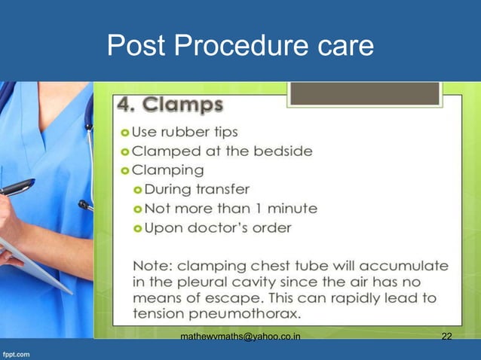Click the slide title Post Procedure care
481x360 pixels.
click(240, 46)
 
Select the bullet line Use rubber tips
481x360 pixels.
click(185, 132)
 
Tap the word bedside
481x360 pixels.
click(286, 151)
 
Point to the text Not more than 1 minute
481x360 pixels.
click(231, 208)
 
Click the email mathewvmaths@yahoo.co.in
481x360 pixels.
click(240, 336)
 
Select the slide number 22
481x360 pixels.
click(446, 336)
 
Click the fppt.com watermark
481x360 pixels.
click(17, 352)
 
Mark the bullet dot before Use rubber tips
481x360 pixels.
click(125, 133)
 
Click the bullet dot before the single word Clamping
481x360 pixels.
click(125, 170)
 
